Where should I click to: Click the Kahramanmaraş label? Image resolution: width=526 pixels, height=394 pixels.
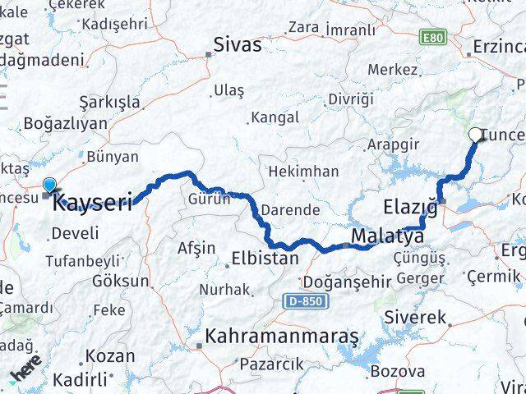click(x=282, y=337)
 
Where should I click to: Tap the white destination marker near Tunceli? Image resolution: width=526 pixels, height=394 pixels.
click(x=476, y=135)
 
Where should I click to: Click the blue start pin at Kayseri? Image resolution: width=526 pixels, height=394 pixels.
click(x=50, y=188)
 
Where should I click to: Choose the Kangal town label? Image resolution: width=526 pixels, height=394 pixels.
click(x=275, y=117)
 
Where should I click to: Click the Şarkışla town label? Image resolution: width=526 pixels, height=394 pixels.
click(x=109, y=102)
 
